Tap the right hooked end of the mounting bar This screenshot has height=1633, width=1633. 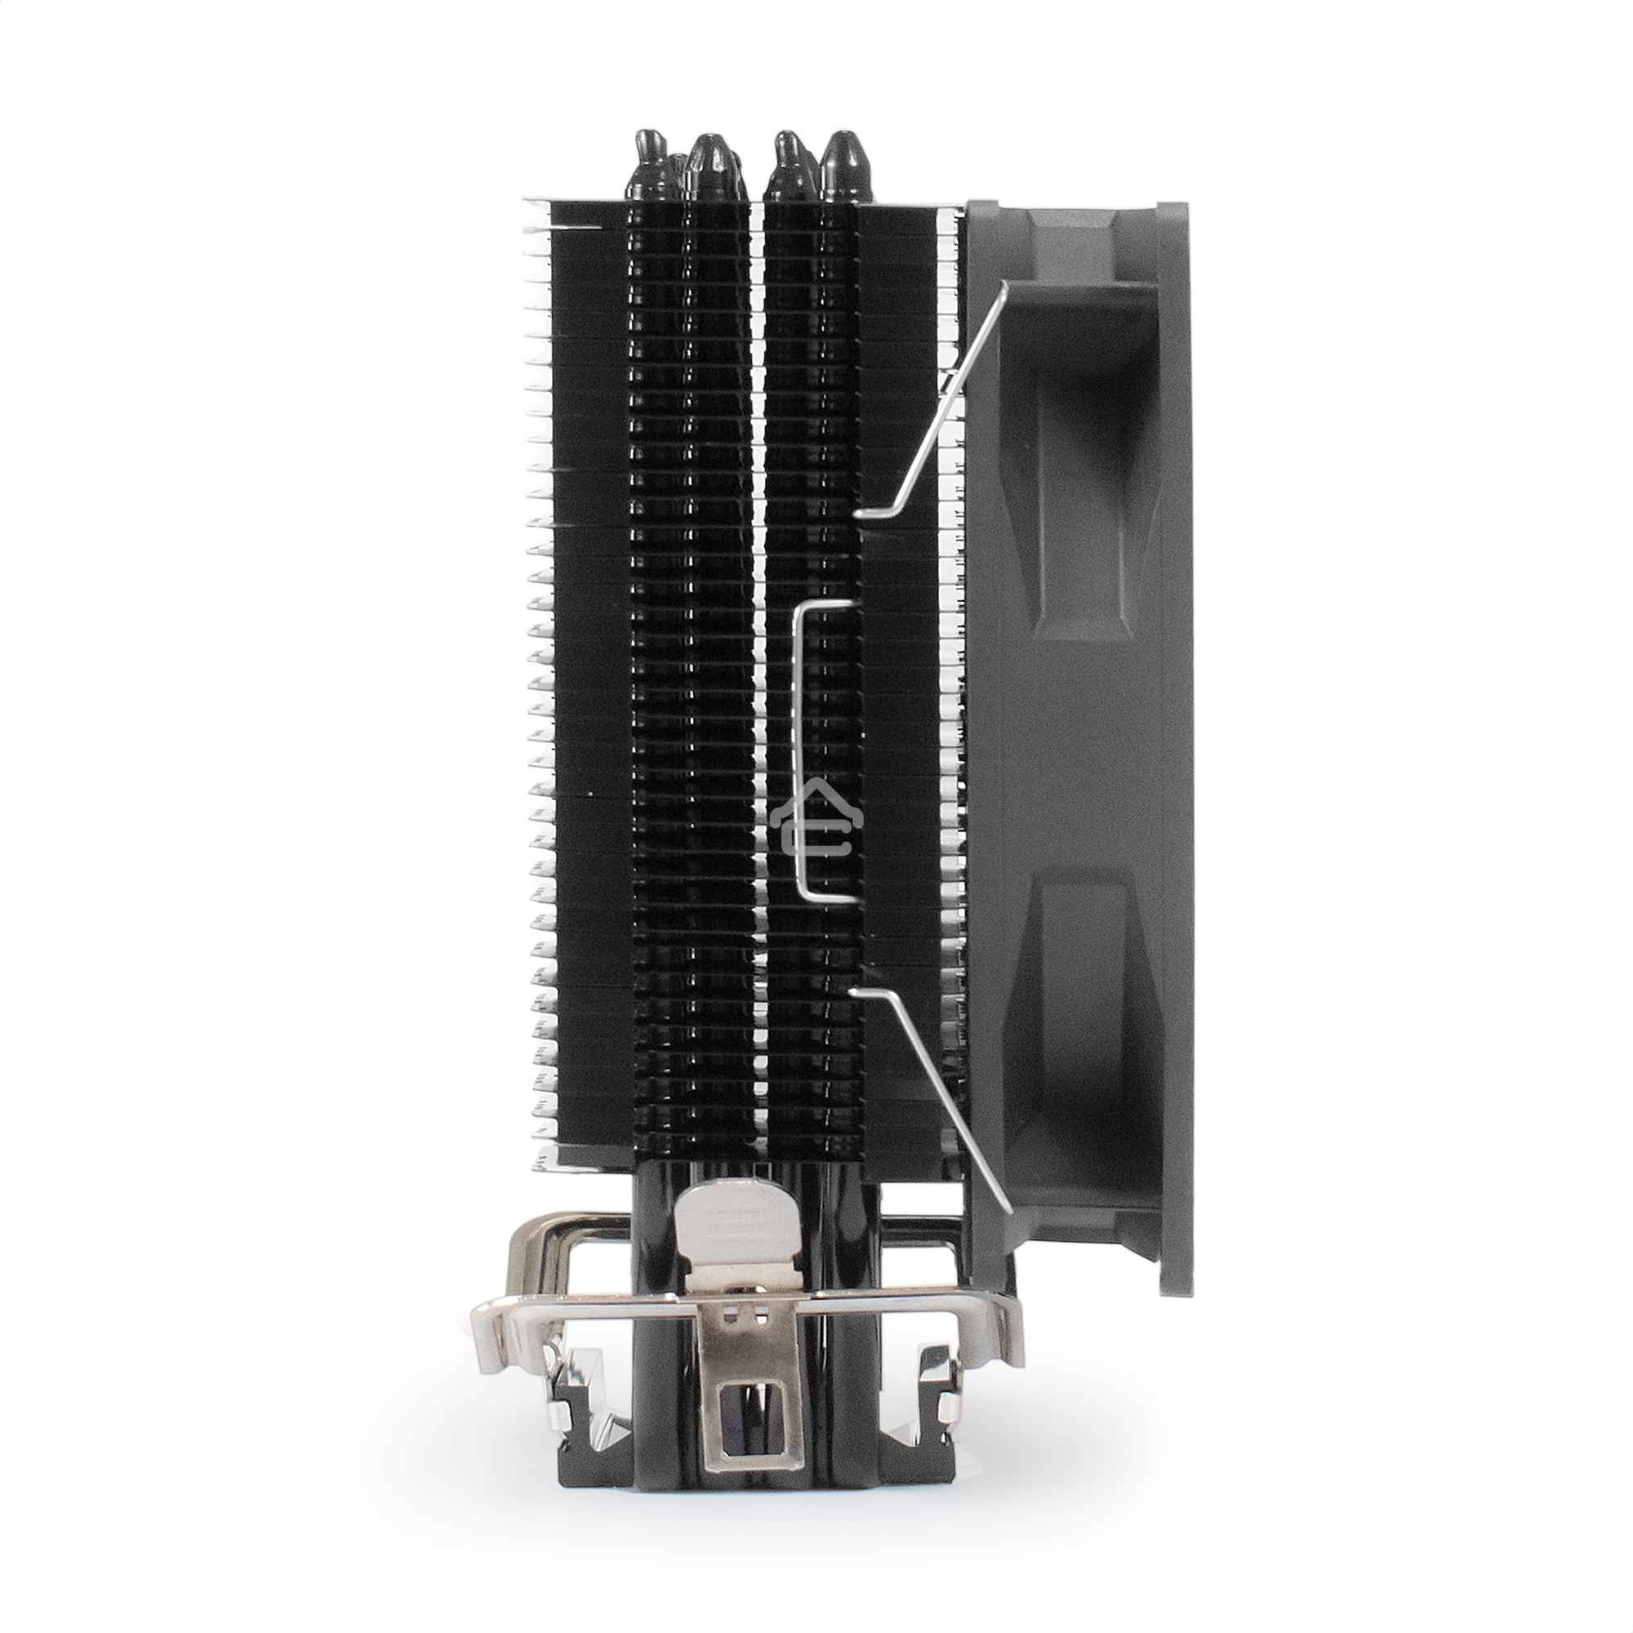tap(1006, 1302)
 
